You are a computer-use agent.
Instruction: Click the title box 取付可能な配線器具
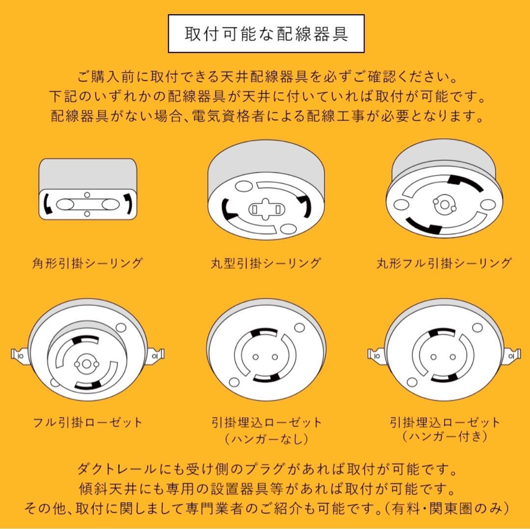point(266,33)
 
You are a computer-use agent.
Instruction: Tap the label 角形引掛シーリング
point(87,264)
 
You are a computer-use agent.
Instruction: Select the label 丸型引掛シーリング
point(265,264)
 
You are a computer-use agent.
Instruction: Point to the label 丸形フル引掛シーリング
point(444,264)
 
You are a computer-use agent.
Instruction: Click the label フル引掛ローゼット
point(87,422)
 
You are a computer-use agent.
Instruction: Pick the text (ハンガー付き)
point(445,435)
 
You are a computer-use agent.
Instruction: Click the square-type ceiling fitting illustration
point(87,189)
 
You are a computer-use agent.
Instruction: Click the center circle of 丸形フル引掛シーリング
point(444,203)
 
